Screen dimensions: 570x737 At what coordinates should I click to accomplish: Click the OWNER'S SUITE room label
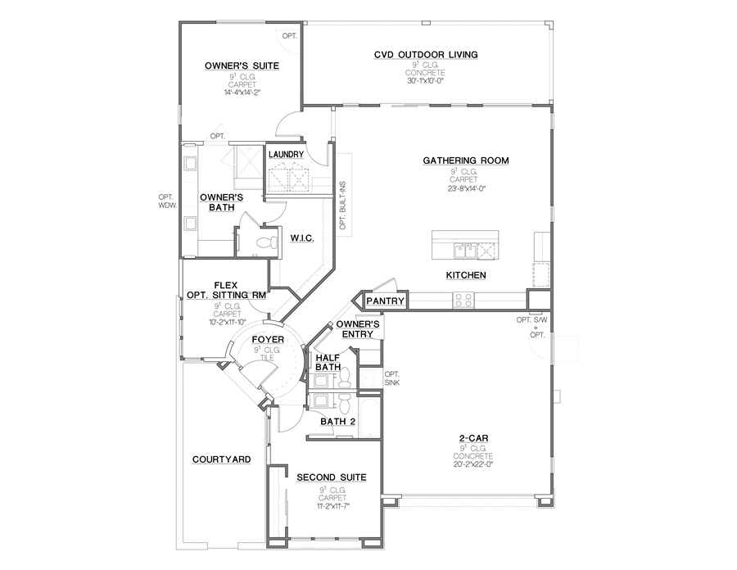241,66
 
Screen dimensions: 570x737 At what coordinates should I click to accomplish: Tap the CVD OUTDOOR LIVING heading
426,55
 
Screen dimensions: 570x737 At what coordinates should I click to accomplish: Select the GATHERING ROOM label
466,161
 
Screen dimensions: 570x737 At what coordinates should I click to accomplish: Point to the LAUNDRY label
286,154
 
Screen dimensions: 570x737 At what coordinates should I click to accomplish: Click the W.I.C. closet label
302,237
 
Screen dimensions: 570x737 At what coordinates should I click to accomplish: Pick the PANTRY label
385,301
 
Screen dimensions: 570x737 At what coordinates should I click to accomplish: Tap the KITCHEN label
466,275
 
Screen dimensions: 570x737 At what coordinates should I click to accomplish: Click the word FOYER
267,339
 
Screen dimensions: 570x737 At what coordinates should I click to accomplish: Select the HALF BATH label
328,362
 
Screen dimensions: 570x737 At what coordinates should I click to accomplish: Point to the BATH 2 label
337,422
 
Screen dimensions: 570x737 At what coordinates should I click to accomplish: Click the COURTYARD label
221,459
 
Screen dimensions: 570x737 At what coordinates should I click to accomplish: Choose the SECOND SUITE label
331,477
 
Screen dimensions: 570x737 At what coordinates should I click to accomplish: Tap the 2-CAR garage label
474,437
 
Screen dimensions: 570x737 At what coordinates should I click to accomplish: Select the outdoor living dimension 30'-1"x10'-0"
426,80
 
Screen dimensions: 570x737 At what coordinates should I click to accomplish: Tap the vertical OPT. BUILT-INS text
342,206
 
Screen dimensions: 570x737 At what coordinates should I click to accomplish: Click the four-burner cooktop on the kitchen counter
463,300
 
